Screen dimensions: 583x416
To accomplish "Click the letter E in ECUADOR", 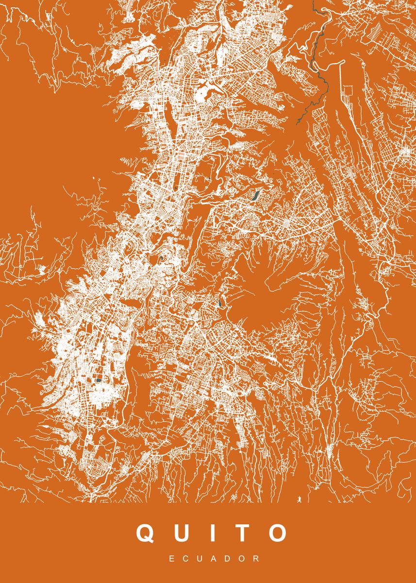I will [x=172, y=560].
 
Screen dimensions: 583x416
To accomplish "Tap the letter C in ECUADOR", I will [x=186, y=560].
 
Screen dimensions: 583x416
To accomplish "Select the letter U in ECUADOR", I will [x=200, y=560].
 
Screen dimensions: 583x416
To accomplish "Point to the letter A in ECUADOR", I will [x=215, y=560].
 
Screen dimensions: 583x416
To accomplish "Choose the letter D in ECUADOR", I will [x=230, y=560].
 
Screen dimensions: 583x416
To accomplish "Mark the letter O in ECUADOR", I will [x=244, y=560].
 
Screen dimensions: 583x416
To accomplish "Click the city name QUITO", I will [x=211, y=532].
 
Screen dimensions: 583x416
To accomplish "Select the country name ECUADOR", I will [x=215, y=560].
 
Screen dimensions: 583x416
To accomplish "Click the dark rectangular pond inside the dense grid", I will [x=99, y=380].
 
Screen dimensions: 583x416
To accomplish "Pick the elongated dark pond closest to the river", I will [x=254, y=196].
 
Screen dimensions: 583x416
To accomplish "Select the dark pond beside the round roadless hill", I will [x=221, y=303].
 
